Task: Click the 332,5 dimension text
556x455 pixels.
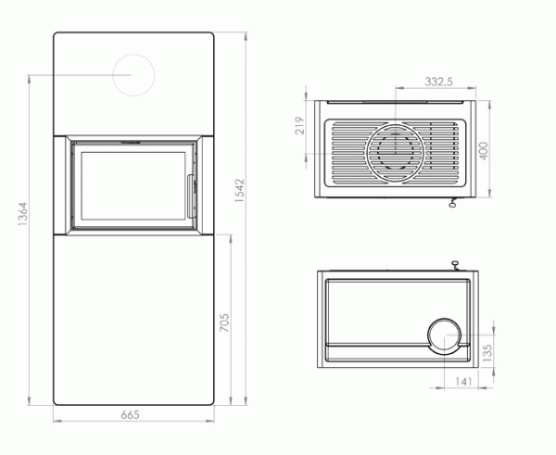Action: click(437, 82)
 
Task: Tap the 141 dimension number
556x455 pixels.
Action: click(461, 379)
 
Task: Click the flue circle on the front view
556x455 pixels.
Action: click(134, 74)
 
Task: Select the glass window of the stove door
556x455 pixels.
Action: click(133, 185)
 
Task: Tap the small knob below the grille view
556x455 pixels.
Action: click(453, 205)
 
